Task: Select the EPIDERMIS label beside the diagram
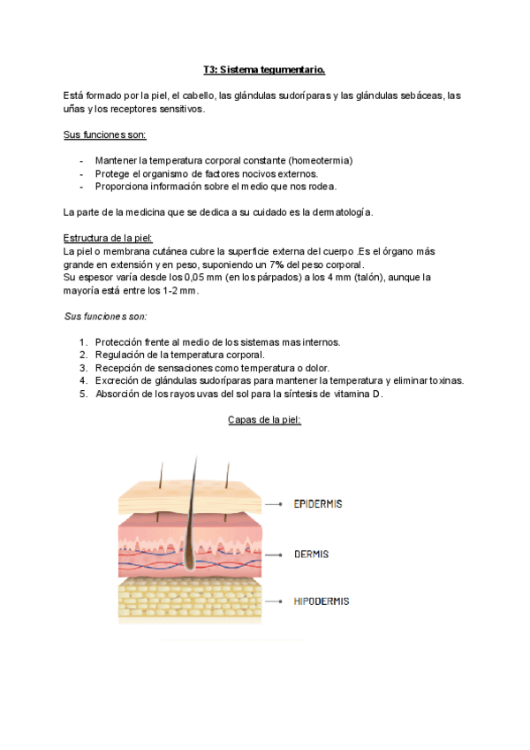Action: pos(317,503)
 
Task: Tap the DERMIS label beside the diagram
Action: pos(311,554)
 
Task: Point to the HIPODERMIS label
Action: pos(321,601)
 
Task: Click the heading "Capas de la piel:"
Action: pos(264,420)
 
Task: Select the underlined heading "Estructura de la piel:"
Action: pos(108,238)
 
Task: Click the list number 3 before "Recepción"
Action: pos(82,367)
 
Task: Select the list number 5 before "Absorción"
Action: pos(82,394)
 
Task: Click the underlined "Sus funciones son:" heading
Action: pos(104,134)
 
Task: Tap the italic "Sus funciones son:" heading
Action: pos(105,316)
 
